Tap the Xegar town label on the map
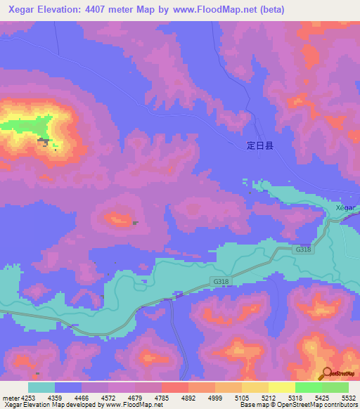pos(345,208)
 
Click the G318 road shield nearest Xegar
pos(303,249)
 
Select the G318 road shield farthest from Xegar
pos(221,281)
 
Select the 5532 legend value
pos(349,397)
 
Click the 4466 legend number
pos(82,397)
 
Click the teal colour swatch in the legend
pos(41,387)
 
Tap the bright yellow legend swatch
pos(282,387)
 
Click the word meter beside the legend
pos(10,397)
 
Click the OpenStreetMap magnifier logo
pos(326,373)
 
